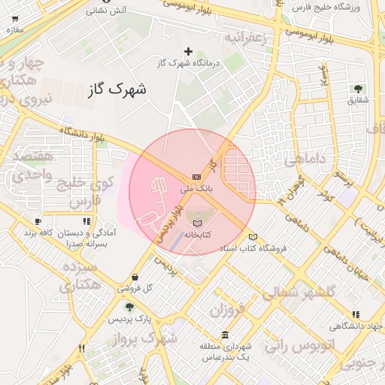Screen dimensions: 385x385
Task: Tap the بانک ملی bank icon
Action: point(197,177)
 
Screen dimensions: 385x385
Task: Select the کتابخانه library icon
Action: point(197,223)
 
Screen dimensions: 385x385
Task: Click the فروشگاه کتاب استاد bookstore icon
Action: point(253,236)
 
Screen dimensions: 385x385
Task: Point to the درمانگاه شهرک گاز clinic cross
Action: point(188,52)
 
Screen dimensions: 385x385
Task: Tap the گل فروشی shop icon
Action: point(135,277)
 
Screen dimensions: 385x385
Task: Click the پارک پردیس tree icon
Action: point(129,307)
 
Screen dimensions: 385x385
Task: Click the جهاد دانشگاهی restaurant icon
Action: point(355,314)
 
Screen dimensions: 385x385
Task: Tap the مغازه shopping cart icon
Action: point(15,18)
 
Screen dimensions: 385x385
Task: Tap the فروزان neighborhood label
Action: point(229,310)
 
